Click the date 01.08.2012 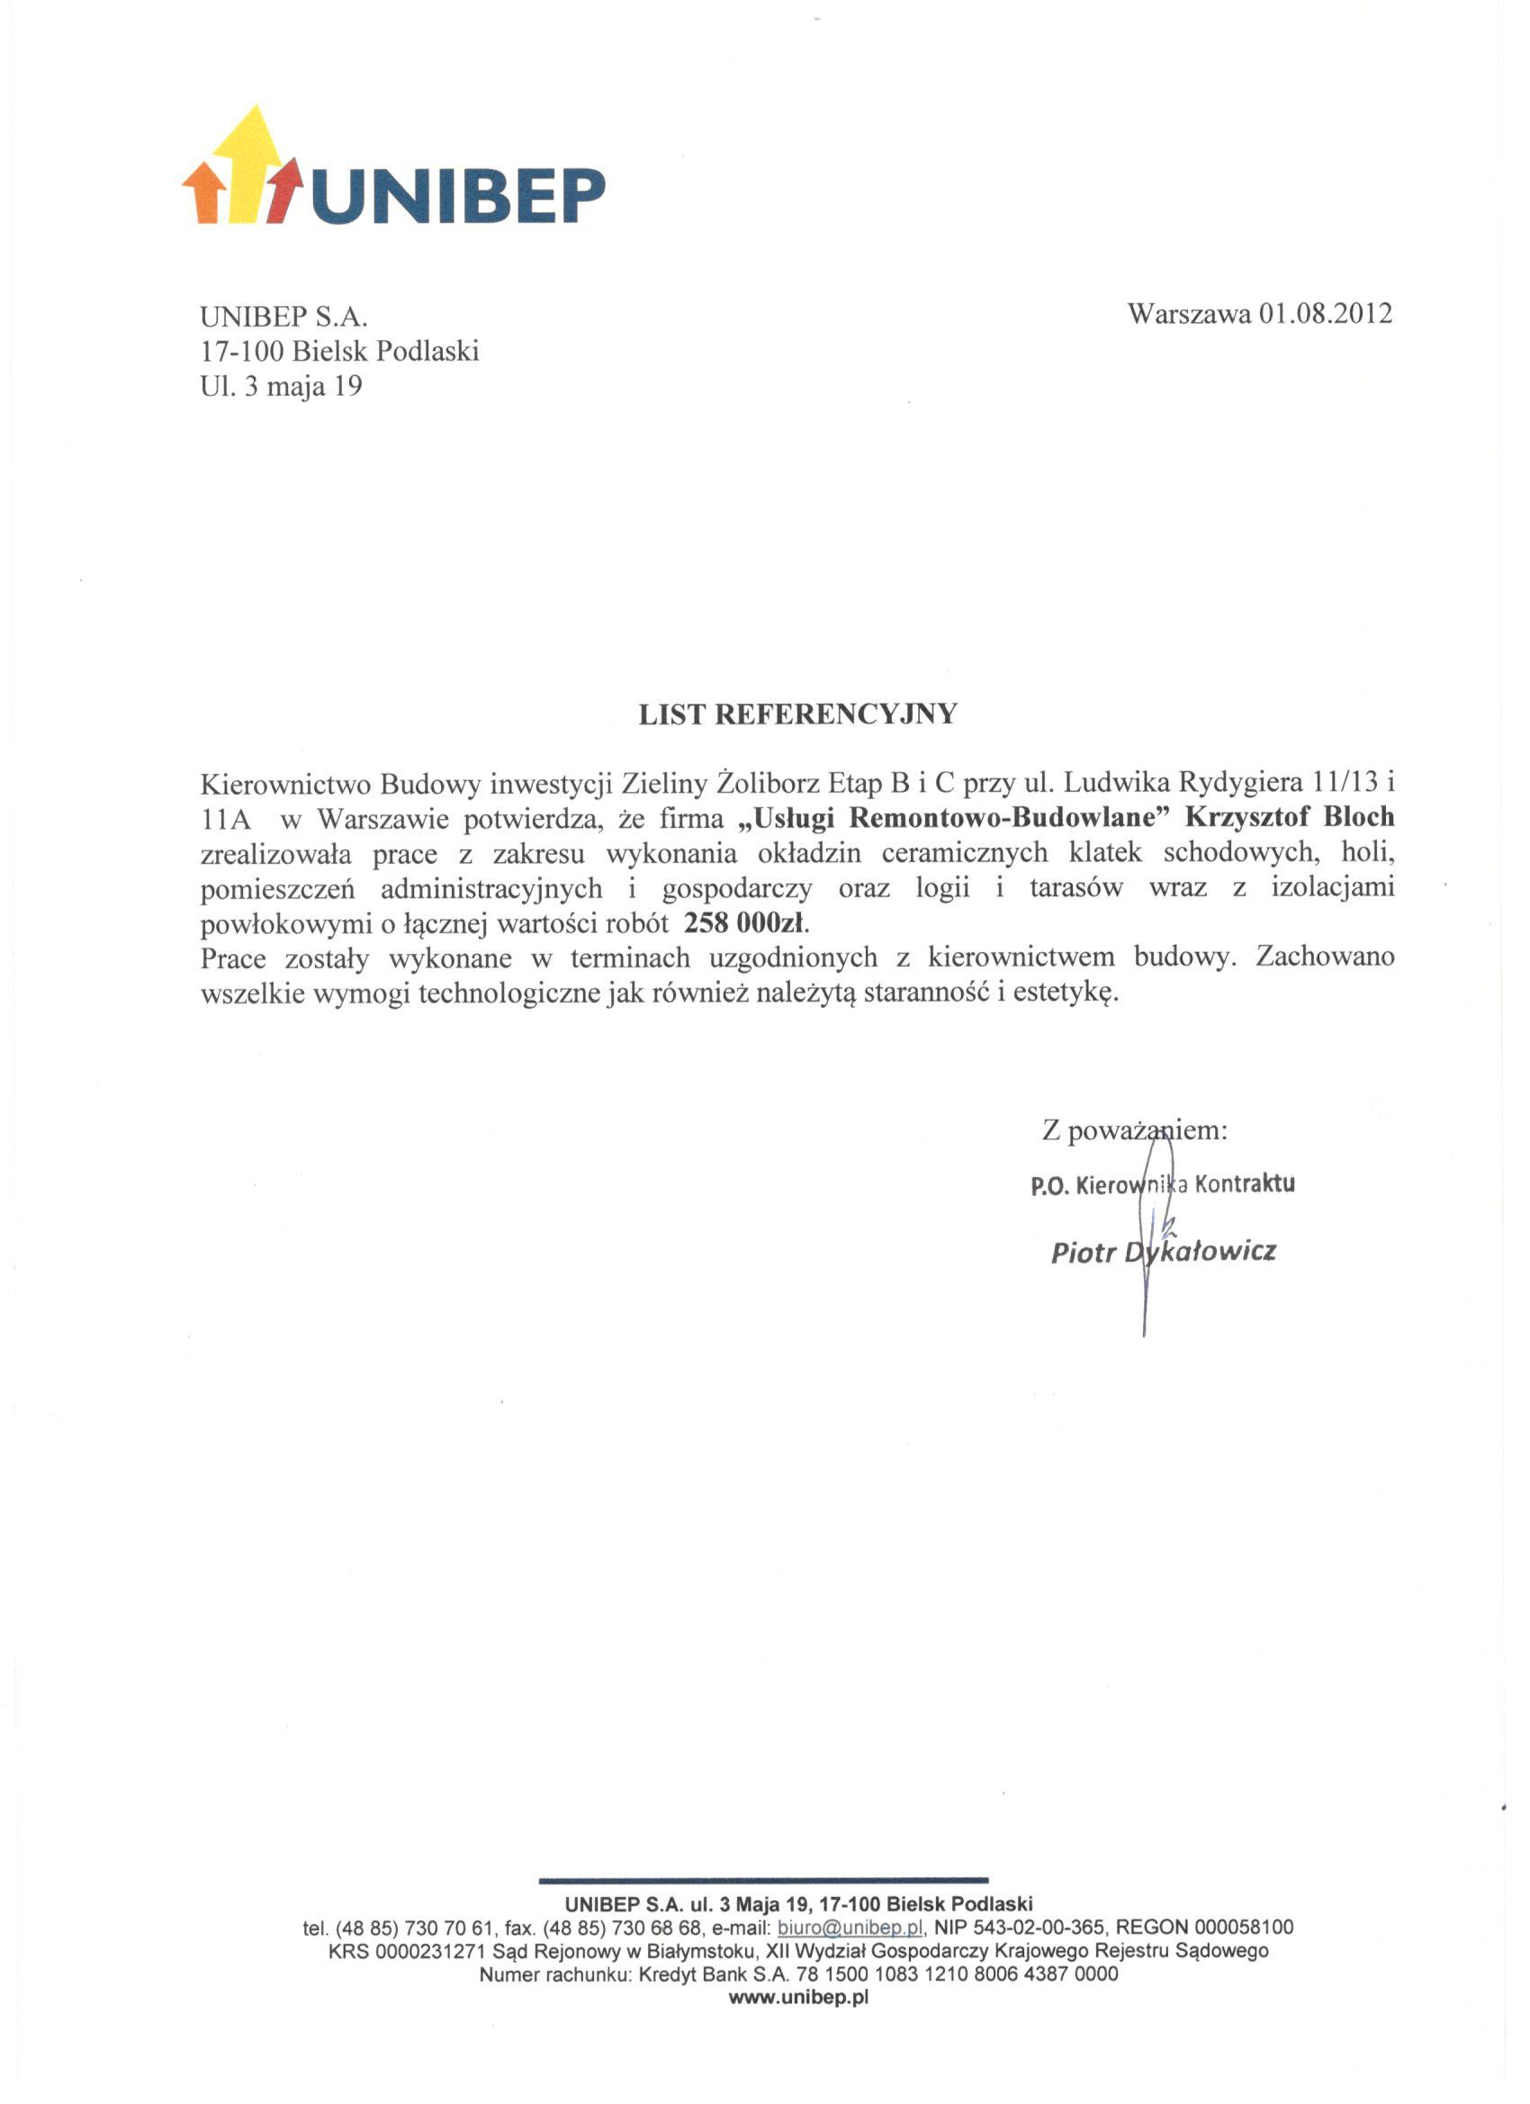(x=1325, y=313)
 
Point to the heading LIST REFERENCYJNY (x=797, y=715)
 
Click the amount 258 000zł (x=745, y=923)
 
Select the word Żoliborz (x=766, y=783)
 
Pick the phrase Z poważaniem (x=1134, y=1131)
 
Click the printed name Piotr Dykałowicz (x=1163, y=1253)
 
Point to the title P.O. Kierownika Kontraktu (x=1162, y=1185)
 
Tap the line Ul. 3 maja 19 (x=280, y=386)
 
